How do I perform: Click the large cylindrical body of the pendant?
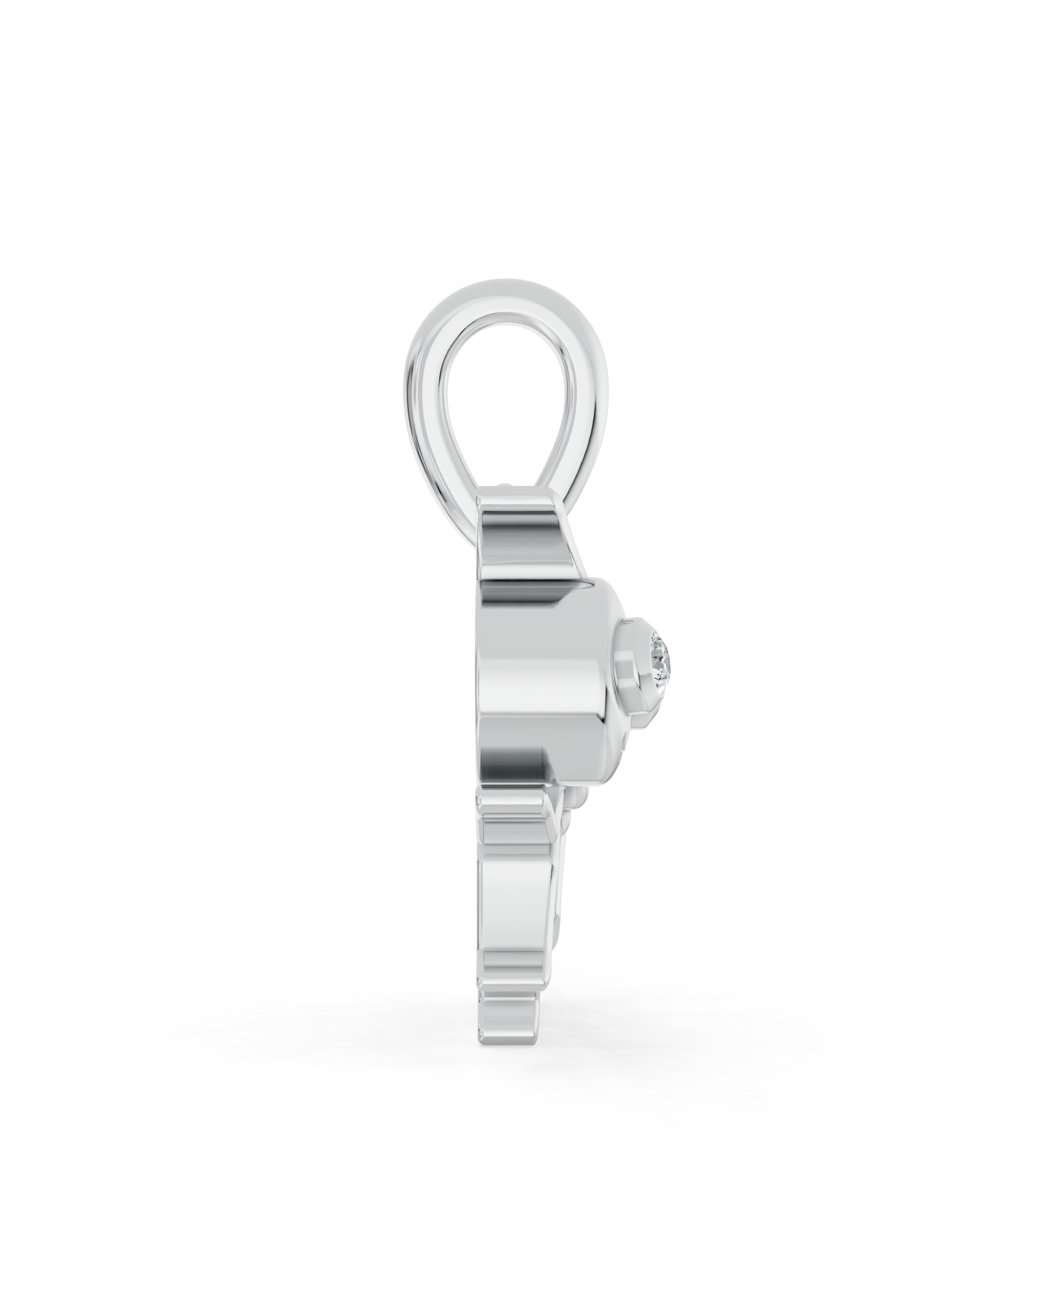tap(539, 655)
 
